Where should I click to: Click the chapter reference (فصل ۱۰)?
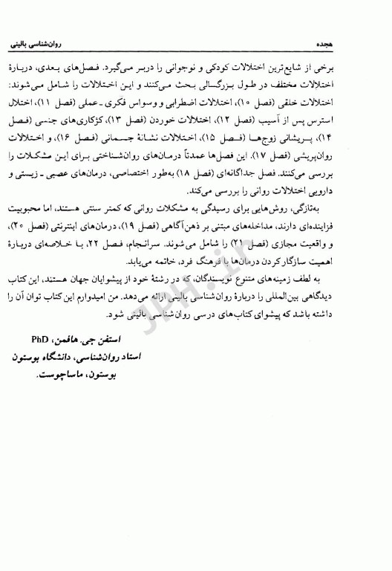298,102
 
